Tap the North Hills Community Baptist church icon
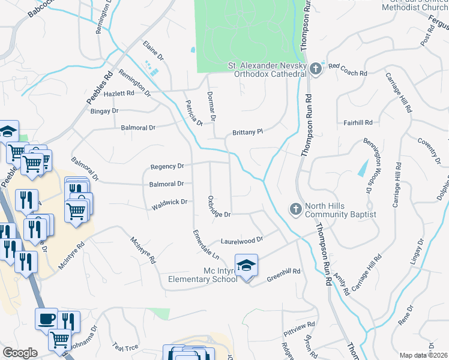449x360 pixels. coord(295,209)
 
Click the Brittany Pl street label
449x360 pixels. coord(248,133)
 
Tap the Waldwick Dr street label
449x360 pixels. coord(170,204)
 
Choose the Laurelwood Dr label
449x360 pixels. coord(243,240)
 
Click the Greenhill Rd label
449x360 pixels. coord(283,274)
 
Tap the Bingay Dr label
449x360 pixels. coord(104,111)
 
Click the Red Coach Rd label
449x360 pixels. coord(348,73)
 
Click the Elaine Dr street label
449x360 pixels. coord(153,50)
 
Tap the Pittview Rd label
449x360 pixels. coord(299,326)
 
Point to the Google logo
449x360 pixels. coord(20,353)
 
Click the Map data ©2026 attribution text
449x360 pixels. coord(424,355)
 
